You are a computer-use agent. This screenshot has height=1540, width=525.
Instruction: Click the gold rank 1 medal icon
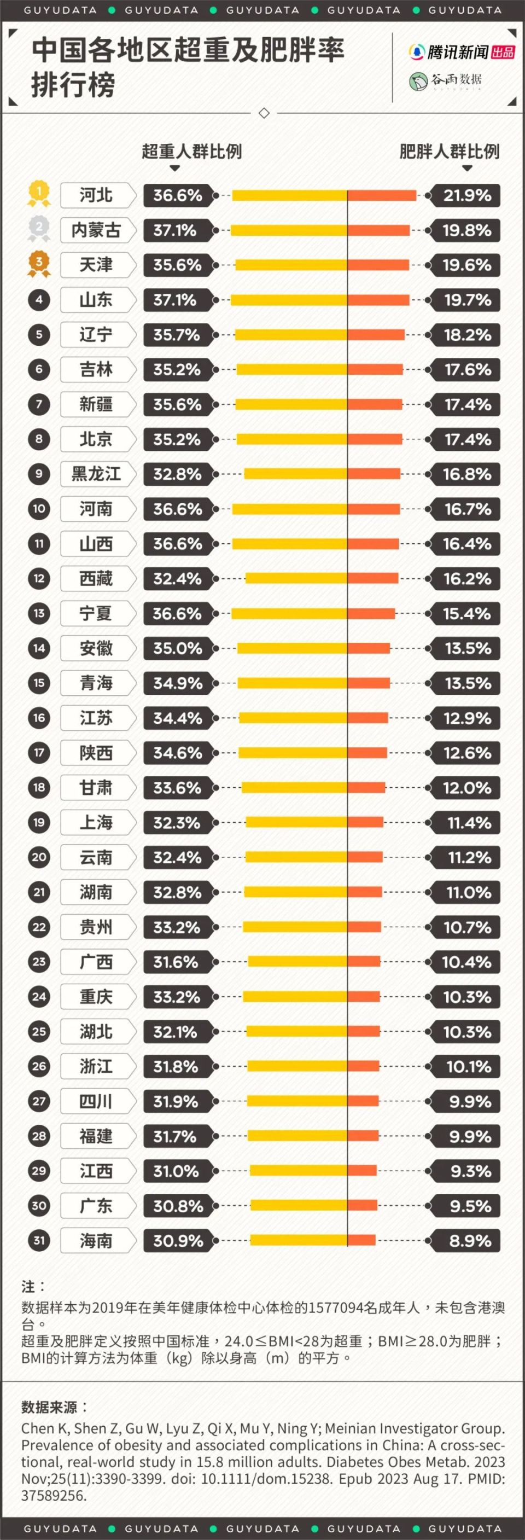(39, 193)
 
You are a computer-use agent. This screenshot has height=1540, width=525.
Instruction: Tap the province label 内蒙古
(96, 230)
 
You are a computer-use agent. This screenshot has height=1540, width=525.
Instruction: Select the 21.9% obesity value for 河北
(466, 195)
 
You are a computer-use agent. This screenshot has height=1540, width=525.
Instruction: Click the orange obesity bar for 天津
(378, 265)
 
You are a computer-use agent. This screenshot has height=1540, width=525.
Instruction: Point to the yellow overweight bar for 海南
(299, 1241)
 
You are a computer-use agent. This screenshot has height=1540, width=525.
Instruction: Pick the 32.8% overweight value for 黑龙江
(177, 474)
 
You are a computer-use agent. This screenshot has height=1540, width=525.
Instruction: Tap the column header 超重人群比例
(191, 151)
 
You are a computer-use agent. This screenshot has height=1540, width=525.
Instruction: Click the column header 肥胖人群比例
(449, 151)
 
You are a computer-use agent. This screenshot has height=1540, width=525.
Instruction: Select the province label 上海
(96, 823)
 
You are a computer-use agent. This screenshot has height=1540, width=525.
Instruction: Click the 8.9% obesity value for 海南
(469, 1241)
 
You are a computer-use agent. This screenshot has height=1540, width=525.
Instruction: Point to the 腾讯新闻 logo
(461, 53)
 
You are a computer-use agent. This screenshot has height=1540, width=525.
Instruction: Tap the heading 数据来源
(54, 1407)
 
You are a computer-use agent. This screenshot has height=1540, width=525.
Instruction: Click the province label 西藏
(96, 579)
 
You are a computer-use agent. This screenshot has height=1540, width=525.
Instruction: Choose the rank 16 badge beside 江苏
(39, 717)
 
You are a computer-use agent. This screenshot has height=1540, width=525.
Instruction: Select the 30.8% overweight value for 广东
(178, 1206)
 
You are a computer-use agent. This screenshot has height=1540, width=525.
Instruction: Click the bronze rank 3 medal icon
(39, 263)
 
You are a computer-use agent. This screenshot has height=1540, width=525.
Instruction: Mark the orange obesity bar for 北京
(374, 439)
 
